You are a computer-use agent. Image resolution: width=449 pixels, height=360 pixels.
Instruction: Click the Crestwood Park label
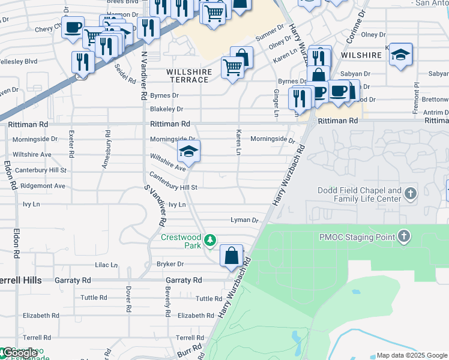(181, 241)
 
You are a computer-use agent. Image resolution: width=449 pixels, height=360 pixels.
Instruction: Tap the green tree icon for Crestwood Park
(209, 241)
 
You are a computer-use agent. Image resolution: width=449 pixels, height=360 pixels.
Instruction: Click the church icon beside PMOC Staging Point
(404, 236)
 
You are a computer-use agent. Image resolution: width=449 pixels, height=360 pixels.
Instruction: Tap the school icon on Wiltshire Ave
(188, 152)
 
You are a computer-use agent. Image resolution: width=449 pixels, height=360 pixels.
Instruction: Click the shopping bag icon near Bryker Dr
(231, 256)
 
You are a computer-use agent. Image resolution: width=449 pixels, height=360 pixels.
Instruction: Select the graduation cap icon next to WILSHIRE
(400, 55)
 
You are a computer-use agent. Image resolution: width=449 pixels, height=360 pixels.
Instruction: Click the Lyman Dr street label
(244, 220)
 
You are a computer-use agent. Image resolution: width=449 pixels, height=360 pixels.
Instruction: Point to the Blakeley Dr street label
(166, 109)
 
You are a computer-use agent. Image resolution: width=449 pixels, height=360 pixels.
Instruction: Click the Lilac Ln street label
(105, 265)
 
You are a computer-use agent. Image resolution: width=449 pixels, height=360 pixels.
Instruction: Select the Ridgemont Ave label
(43, 186)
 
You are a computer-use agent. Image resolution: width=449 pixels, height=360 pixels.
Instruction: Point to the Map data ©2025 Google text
(412, 355)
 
